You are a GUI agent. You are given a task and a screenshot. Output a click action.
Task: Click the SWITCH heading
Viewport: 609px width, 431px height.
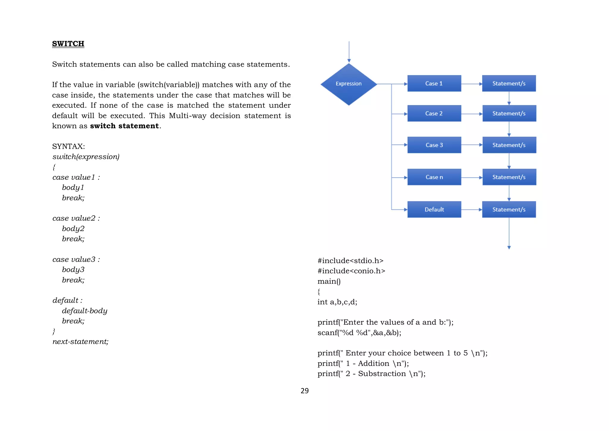point(68,44)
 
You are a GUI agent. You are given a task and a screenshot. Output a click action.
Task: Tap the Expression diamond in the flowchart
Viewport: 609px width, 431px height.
point(349,84)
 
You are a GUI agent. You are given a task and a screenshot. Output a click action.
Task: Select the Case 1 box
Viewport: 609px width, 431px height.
point(434,84)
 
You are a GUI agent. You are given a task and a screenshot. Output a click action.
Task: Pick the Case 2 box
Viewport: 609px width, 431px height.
point(434,113)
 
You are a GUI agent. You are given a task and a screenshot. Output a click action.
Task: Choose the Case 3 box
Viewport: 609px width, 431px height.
point(434,145)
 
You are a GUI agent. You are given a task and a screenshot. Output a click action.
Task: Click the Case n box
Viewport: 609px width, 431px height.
point(434,177)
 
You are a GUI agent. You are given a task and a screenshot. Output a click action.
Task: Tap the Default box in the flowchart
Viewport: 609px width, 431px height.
point(434,210)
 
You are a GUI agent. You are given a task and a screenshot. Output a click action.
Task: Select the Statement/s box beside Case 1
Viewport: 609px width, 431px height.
point(509,84)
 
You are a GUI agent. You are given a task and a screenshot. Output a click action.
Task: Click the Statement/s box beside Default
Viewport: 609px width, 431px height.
point(509,210)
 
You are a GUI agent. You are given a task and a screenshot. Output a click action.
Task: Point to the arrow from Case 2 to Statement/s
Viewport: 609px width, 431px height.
point(472,114)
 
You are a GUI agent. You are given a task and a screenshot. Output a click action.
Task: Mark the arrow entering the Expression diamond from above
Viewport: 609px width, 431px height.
point(349,52)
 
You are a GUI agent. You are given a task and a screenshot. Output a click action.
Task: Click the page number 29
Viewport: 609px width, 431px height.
point(304,391)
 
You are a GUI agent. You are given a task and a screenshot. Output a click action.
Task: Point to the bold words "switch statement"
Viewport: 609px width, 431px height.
point(124,126)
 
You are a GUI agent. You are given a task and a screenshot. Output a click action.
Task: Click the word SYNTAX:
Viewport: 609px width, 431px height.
point(68,146)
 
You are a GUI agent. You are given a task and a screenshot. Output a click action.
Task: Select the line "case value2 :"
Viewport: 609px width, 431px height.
point(76,218)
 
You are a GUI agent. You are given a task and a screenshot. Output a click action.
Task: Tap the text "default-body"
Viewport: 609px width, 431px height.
point(84,311)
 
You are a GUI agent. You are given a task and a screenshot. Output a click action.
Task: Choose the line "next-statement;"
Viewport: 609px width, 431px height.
point(80,342)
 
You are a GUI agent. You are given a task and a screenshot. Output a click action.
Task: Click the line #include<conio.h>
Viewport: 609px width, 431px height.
point(351,271)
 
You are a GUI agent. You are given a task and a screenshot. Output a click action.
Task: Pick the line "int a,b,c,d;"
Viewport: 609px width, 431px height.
point(337,302)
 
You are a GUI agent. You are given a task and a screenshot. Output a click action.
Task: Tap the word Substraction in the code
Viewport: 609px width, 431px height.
point(382,374)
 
